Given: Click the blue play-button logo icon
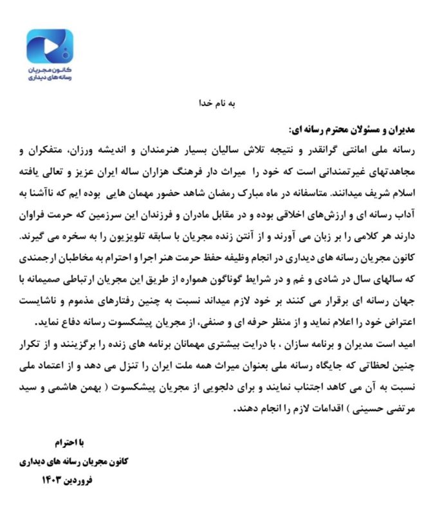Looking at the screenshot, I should [x=50, y=46].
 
